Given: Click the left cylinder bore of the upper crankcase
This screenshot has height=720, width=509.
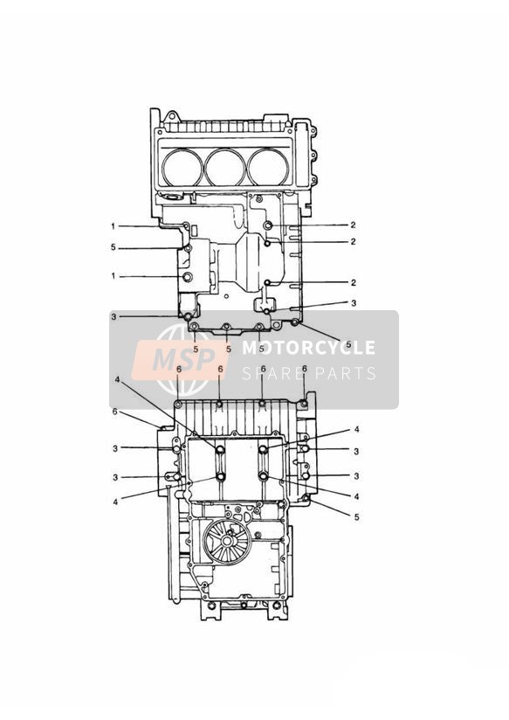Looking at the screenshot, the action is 182,167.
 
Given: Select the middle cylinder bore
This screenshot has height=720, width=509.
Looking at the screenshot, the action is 225,167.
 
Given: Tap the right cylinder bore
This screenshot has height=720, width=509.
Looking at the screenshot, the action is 268,167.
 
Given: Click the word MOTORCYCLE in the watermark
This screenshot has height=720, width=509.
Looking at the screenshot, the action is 308,348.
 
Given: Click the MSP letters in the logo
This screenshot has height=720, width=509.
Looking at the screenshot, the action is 183,358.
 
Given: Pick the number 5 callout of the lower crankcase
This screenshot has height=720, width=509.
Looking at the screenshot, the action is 356,517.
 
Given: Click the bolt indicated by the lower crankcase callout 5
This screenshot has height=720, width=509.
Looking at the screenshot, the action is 306,498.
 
